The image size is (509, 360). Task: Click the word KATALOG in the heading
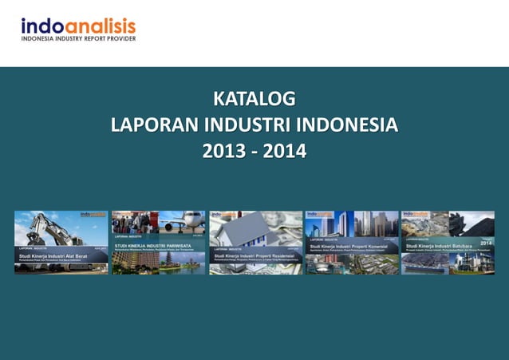point(254,100)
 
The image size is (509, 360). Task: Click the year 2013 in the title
point(224,149)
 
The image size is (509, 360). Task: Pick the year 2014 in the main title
point(284,149)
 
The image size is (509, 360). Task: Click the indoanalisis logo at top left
point(78,26)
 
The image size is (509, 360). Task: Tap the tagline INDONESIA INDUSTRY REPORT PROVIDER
point(78,38)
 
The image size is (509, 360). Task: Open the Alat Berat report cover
point(61,243)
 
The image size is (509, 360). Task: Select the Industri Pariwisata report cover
point(158,243)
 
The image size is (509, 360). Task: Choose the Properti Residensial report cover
point(255,243)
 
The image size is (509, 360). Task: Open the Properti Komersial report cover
point(352,243)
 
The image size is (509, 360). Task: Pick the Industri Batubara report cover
point(448,243)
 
